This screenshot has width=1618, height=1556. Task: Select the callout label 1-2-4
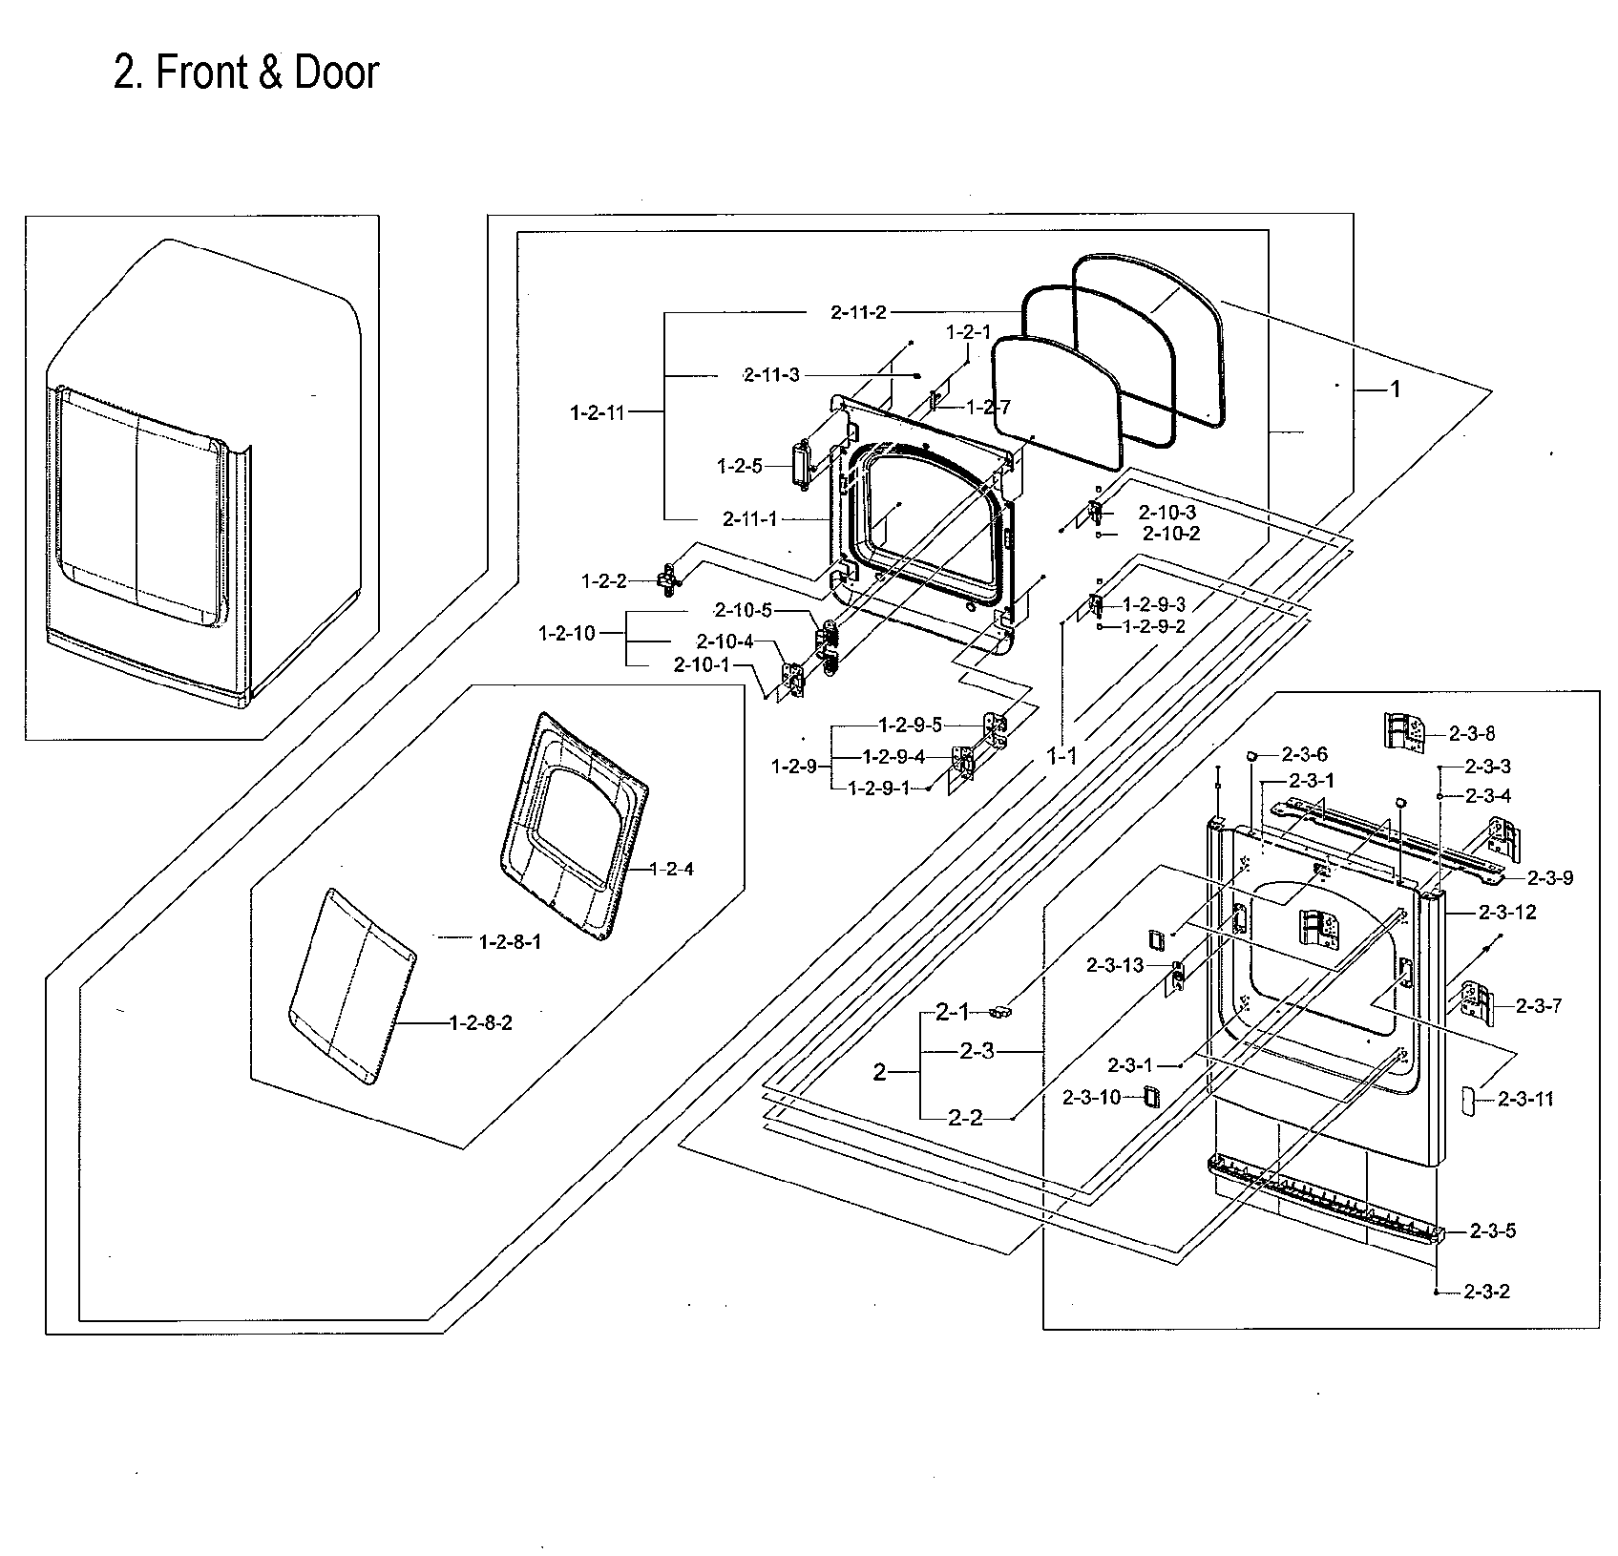pos(672,869)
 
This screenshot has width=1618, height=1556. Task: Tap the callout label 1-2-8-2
pos(481,1023)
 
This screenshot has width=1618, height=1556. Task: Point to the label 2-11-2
pos(859,312)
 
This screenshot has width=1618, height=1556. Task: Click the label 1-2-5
pos(740,466)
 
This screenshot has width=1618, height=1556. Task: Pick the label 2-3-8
pos(1472,733)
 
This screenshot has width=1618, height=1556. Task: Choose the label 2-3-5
pos(1493,1230)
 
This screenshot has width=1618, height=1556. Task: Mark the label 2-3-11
pos(1525,1099)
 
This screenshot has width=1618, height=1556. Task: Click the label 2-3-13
pos(1115,965)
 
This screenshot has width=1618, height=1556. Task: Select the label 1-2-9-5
pos(910,725)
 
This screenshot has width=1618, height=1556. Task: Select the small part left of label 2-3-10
pos(1151,1096)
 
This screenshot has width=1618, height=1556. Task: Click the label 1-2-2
pos(604,580)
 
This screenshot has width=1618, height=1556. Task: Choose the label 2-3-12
pos(1508,912)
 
